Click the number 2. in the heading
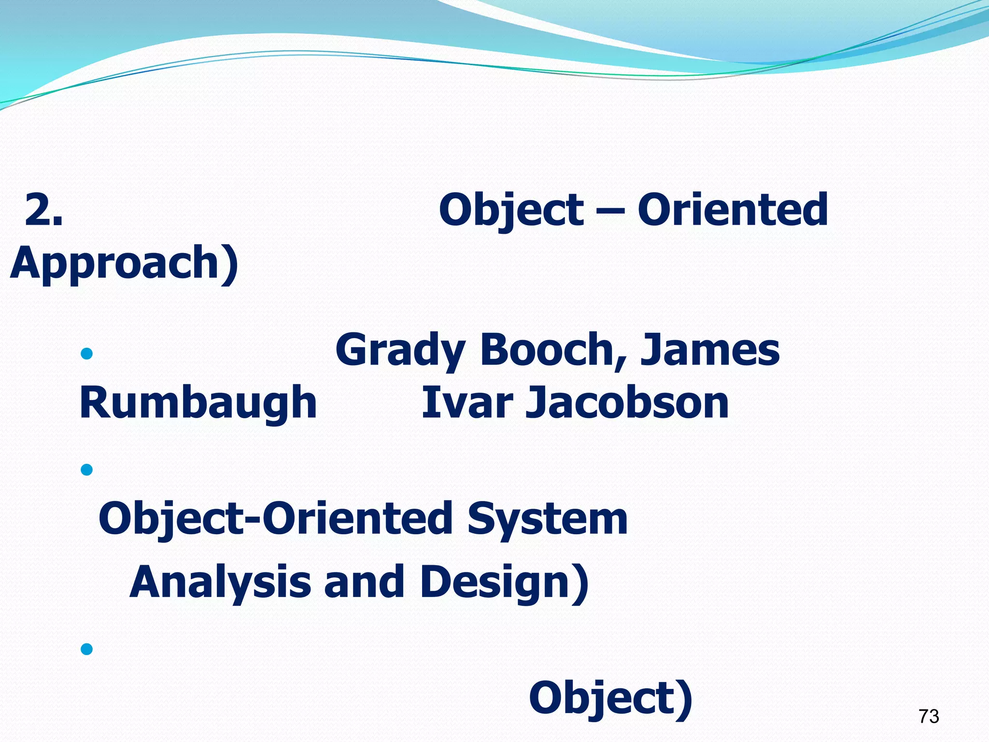point(43,210)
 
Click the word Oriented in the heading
point(733,210)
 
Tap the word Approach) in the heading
point(124,263)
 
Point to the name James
point(709,350)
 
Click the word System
point(547,519)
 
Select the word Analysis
point(220,582)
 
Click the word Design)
point(505,582)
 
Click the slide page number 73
point(929,716)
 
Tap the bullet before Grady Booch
point(87,354)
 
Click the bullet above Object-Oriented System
point(87,469)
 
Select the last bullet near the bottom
point(87,648)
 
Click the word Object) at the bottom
point(610,699)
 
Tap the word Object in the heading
point(511,210)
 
